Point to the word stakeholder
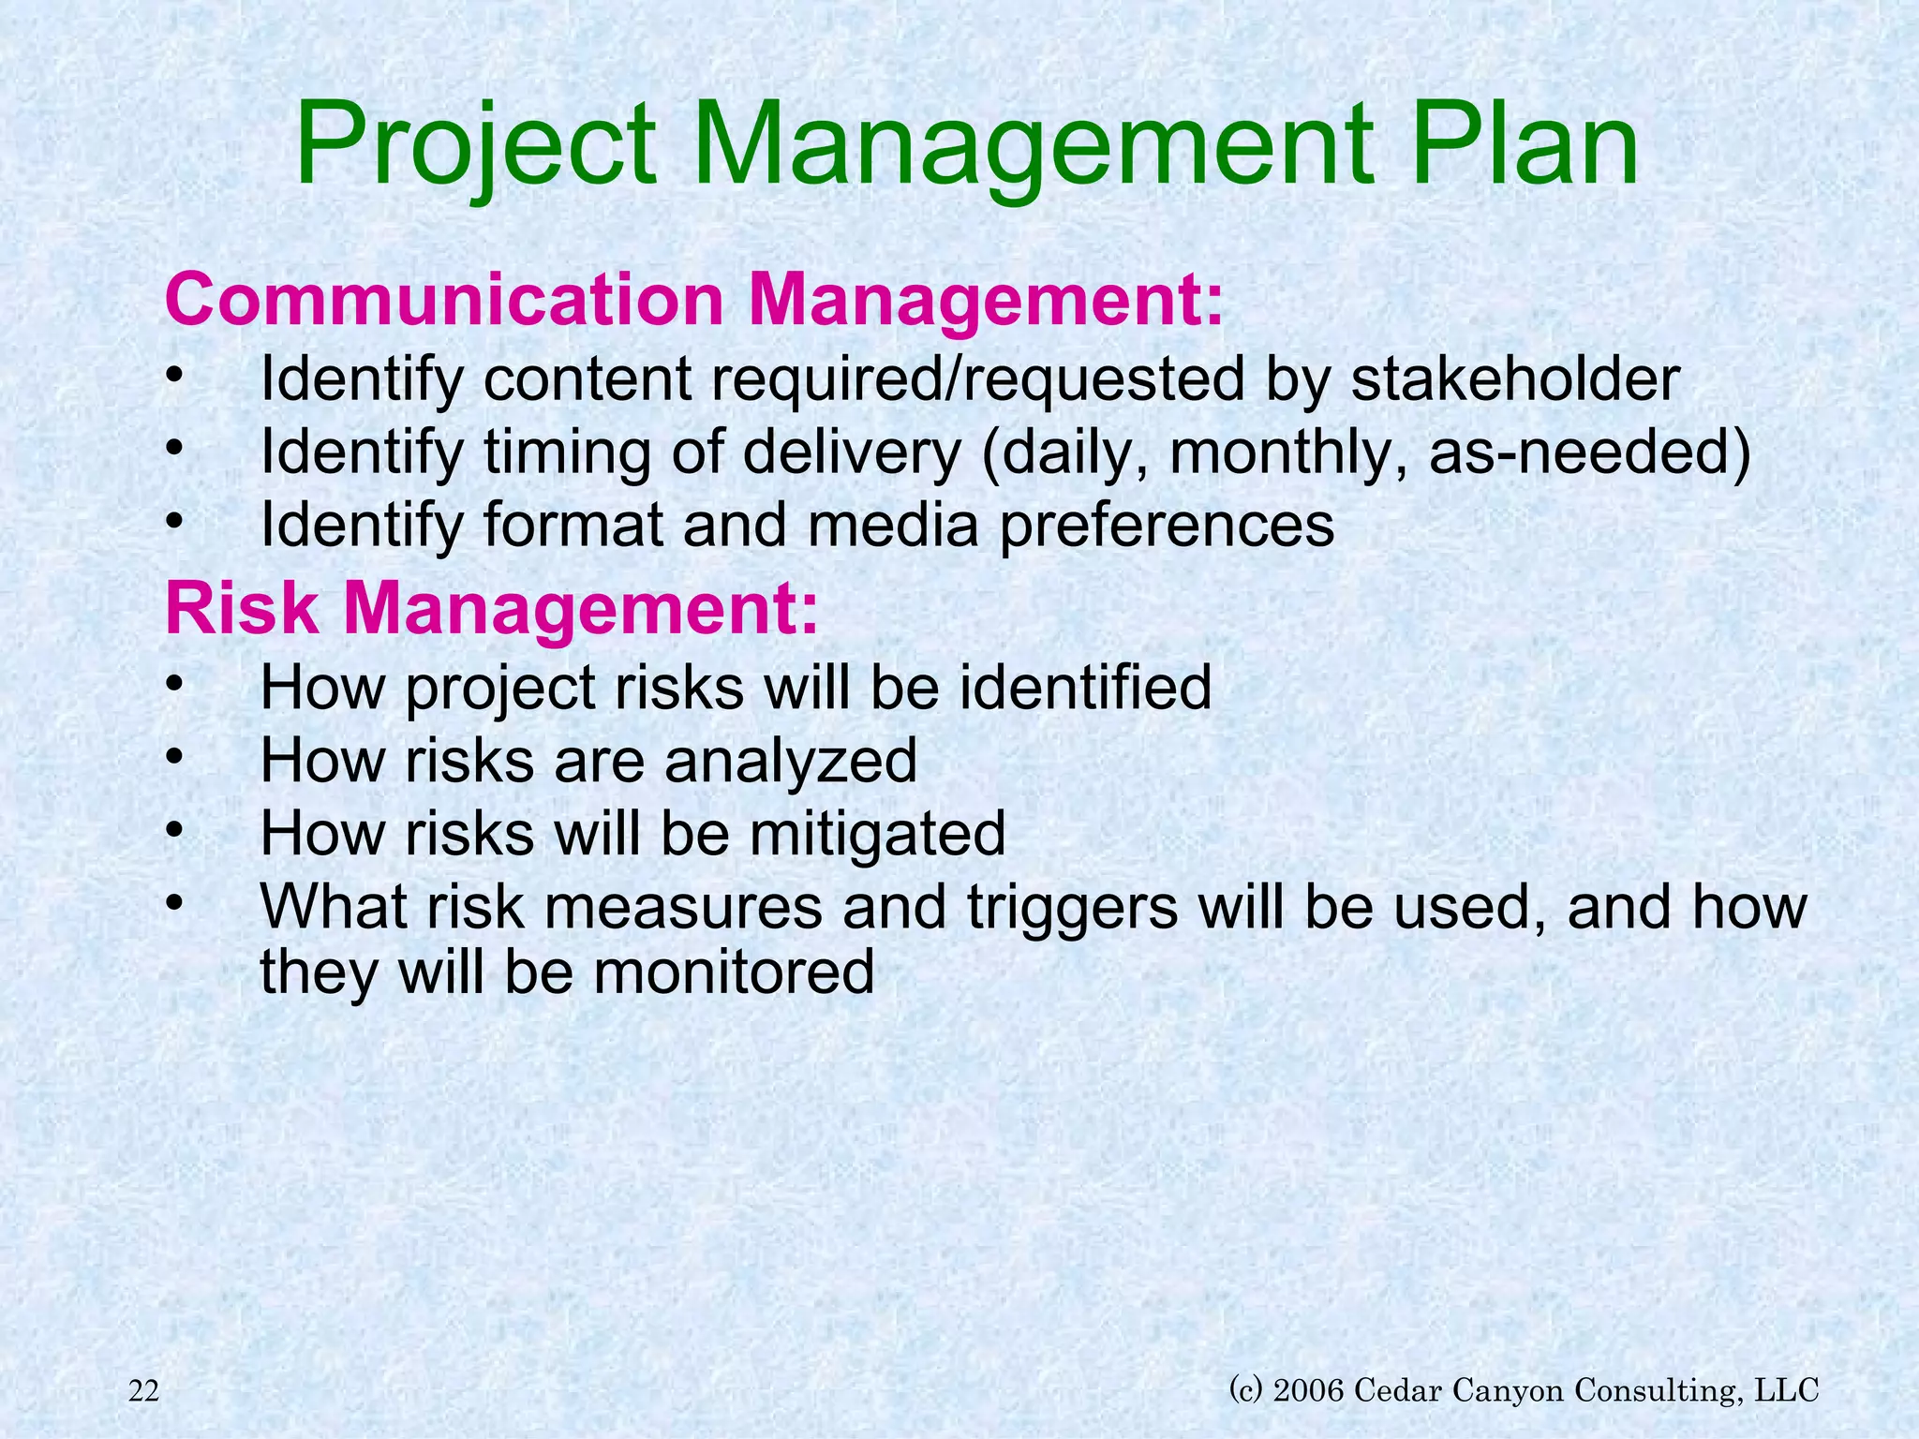coord(1515,379)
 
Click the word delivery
coord(852,452)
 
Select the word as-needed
coord(1589,452)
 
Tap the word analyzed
coord(791,760)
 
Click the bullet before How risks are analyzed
coord(172,755)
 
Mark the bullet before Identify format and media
coord(172,521)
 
